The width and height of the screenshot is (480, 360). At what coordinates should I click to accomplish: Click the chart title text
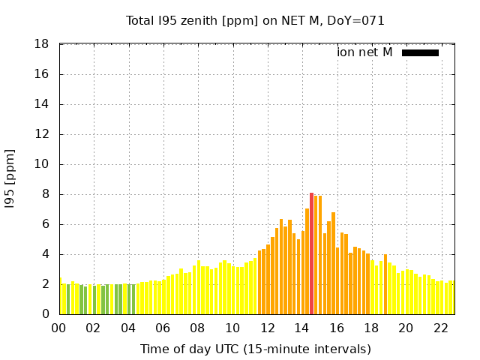pyautogui.click(x=255, y=21)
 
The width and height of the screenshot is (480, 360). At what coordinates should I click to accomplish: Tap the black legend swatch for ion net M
pyautogui.click(x=420, y=52)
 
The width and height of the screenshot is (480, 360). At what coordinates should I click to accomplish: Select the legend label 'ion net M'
pyautogui.click(x=364, y=52)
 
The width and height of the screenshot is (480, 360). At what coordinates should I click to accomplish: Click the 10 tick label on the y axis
pyautogui.click(x=43, y=164)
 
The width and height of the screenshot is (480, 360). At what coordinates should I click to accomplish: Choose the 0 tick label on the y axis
pyautogui.click(x=46, y=314)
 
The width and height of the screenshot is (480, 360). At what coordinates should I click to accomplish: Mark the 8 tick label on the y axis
pyautogui.click(x=46, y=194)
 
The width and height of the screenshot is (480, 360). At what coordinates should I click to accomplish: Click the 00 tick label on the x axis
pyautogui.click(x=59, y=328)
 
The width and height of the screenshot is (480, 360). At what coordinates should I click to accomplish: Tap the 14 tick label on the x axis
pyautogui.click(x=301, y=328)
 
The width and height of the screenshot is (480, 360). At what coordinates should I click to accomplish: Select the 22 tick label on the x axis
pyautogui.click(x=440, y=328)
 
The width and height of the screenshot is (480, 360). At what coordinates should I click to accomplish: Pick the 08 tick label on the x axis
pyautogui.click(x=198, y=328)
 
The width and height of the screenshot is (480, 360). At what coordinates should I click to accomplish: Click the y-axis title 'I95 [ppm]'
pyautogui.click(x=10, y=179)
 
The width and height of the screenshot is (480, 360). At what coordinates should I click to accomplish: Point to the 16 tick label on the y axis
pyautogui.click(x=43, y=74)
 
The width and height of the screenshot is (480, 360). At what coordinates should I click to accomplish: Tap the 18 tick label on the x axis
pyautogui.click(x=370, y=328)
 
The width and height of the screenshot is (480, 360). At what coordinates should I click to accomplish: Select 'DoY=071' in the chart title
pyautogui.click(x=358, y=21)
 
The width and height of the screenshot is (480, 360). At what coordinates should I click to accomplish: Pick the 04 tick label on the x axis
pyautogui.click(x=128, y=328)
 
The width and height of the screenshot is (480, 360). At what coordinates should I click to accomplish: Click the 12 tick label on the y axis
pyautogui.click(x=43, y=134)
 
